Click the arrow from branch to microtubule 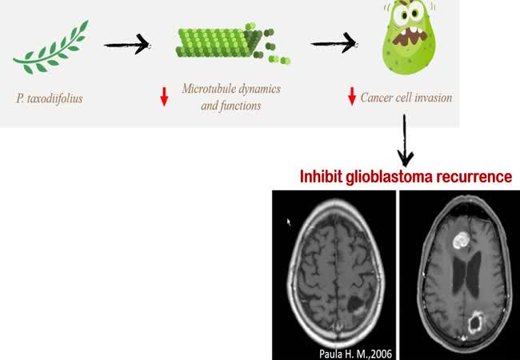tap(127, 45)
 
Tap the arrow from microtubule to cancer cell tap(333, 45)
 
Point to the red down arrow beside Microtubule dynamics tap(164, 97)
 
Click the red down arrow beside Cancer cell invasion tap(351, 97)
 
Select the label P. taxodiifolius tap(50, 98)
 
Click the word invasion tap(434, 98)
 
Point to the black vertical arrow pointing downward tap(406, 139)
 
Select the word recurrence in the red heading tap(474, 177)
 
